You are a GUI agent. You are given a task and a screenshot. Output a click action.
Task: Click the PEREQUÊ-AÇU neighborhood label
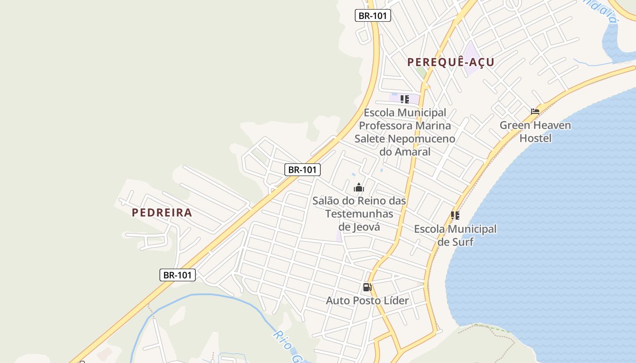(451, 62)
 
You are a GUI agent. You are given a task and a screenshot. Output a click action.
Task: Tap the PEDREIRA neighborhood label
(162, 212)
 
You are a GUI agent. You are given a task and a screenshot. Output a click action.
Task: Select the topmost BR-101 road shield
(373, 15)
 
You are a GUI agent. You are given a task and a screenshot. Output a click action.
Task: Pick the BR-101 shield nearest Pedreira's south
(178, 275)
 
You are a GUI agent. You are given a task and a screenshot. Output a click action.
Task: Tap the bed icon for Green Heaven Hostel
(535, 111)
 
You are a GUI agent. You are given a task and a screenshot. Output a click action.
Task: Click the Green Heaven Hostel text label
(535, 132)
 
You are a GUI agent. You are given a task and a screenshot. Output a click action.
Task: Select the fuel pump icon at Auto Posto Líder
(367, 287)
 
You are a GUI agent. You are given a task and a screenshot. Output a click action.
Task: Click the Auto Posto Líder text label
(367, 300)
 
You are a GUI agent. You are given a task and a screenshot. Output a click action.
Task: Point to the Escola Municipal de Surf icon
(455, 216)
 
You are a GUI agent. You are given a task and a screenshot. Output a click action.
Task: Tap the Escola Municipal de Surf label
(455, 235)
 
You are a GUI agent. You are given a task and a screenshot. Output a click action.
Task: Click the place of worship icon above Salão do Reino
(359, 187)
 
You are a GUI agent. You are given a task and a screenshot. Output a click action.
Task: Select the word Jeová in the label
(366, 227)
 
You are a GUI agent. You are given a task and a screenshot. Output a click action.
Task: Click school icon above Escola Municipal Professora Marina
(404, 99)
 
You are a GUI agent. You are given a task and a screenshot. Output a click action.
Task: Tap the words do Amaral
(405, 152)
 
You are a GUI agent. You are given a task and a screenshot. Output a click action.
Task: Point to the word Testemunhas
(359, 214)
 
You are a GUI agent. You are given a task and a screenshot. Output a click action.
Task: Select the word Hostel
(535, 138)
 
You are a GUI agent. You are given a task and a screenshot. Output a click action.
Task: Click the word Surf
(462, 242)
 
